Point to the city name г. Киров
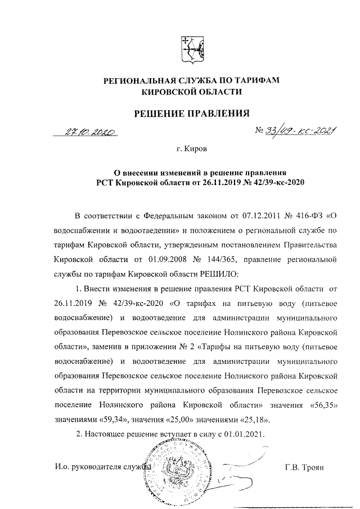pos(191,151)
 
